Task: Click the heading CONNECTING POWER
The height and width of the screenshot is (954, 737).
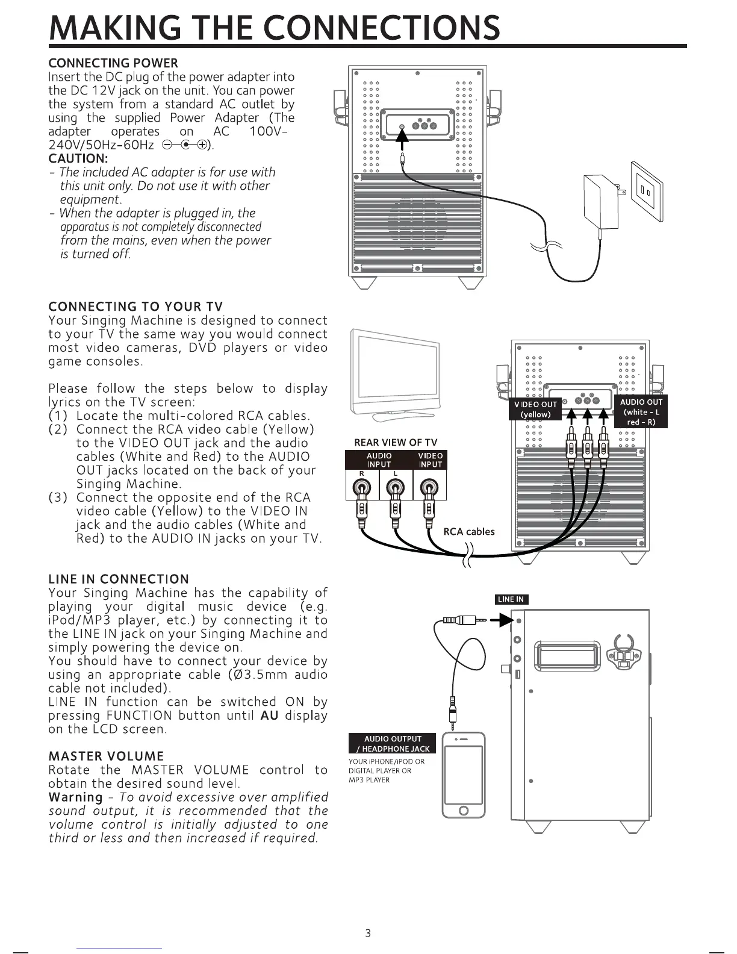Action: [x=113, y=63]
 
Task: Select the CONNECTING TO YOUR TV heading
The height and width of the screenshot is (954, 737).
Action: [x=135, y=307]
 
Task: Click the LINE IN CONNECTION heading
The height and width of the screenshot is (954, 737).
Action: [x=119, y=579]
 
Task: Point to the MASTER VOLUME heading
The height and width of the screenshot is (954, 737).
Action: [x=106, y=756]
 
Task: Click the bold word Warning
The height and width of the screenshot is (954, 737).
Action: [x=75, y=797]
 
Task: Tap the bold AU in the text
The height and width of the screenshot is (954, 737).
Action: [x=269, y=715]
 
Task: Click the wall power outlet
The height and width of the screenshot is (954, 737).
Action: [x=646, y=192]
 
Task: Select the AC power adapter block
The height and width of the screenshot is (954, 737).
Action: [x=601, y=202]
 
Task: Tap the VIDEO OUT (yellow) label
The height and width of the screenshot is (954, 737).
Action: [x=535, y=409]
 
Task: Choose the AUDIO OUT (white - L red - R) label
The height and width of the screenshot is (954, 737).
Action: [x=641, y=412]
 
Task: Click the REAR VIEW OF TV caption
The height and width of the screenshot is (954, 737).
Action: [x=396, y=443]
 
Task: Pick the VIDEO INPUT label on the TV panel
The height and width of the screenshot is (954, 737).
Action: [x=431, y=460]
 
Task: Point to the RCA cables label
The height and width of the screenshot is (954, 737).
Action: [x=468, y=532]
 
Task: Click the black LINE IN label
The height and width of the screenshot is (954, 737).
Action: [x=511, y=599]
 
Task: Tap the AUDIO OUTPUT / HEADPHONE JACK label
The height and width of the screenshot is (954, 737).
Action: [x=393, y=744]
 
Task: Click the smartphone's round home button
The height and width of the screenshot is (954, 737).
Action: [x=463, y=811]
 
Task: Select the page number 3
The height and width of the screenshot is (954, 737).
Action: [x=368, y=934]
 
